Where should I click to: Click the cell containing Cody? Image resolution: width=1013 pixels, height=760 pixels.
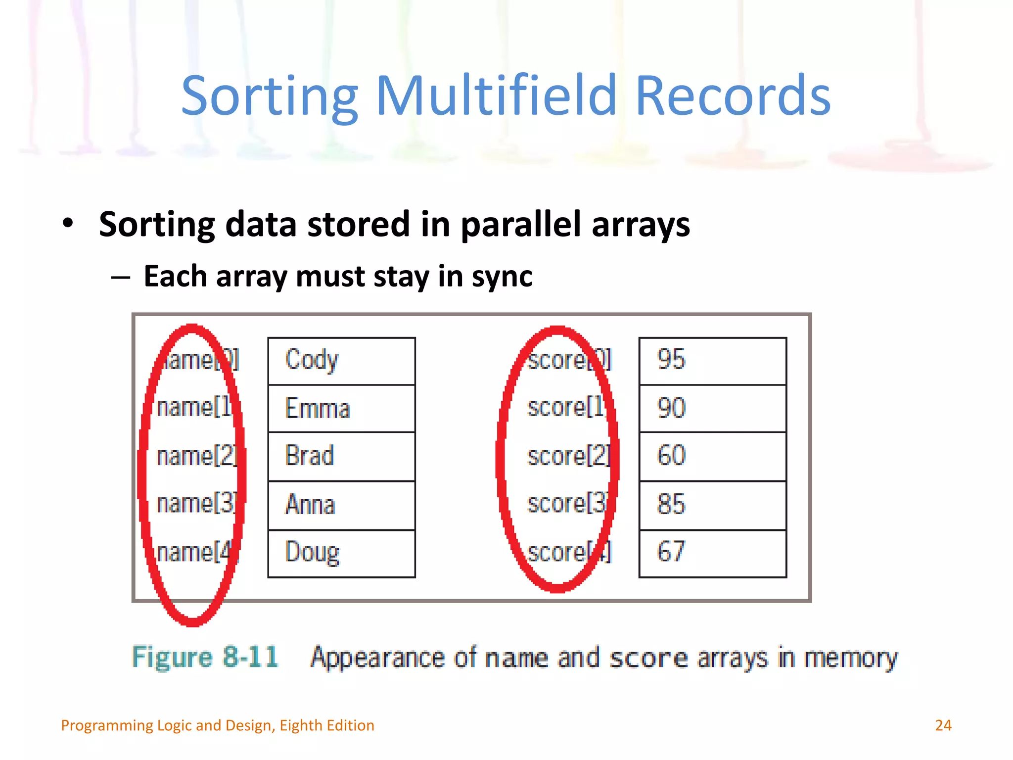click(x=341, y=361)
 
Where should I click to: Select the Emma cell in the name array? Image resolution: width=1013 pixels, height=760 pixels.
click(x=341, y=409)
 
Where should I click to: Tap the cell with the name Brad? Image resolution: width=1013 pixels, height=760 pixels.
click(x=341, y=456)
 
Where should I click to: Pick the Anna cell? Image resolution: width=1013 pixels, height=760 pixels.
click(x=341, y=505)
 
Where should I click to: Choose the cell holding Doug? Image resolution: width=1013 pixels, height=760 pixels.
click(x=341, y=553)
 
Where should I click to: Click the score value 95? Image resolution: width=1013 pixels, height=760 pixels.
click(x=712, y=361)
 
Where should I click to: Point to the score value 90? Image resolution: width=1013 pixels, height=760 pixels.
click(x=712, y=409)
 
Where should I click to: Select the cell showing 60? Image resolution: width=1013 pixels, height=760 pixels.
click(x=712, y=456)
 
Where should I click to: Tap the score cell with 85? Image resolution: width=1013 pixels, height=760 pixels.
click(x=712, y=505)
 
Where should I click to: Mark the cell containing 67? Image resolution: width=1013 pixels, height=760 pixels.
click(x=712, y=553)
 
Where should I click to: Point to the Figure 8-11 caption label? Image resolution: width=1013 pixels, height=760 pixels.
click(x=205, y=658)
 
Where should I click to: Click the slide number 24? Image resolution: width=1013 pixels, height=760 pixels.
click(x=943, y=725)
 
